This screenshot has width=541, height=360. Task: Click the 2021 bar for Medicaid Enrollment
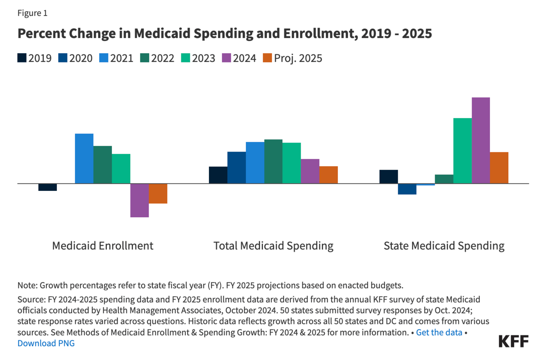[x=84, y=158]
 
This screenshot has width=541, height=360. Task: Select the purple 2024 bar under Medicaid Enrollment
[x=139, y=200]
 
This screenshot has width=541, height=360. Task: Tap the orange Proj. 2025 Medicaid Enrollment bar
[x=158, y=193]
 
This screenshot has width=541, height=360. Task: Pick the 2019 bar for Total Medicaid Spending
[x=218, y=175]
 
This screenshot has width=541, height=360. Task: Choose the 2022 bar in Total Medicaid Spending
[x=273, y=161]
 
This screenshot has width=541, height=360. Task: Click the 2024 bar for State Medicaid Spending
[x=481, y=140]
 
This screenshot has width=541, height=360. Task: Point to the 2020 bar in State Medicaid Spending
[x=407, y=189]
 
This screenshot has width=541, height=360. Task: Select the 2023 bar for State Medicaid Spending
[x=462, y=151]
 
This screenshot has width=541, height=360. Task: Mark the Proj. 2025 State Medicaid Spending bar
[x=499, y=167]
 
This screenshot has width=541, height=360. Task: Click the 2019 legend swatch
[x=22, y=58]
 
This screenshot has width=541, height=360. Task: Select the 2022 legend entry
[x=157, y=58]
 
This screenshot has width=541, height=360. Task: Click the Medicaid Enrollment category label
[x=103, y=245]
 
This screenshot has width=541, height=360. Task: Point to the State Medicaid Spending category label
[x=444, y=245]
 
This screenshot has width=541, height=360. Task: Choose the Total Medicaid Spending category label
[x=273, y=245]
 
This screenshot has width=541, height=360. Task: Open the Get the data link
[x=439, y=333]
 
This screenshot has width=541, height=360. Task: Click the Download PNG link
[x=46, y=343]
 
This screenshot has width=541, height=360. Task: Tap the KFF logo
[x=513, y=341]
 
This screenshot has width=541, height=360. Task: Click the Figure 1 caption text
[x=32, y=13]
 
